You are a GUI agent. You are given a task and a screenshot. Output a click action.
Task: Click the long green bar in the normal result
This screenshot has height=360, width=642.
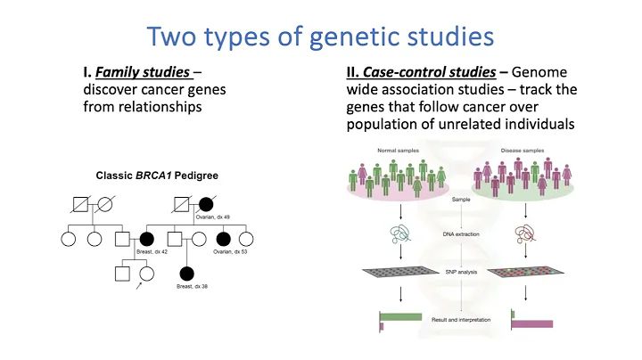[x=399, y=315]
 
